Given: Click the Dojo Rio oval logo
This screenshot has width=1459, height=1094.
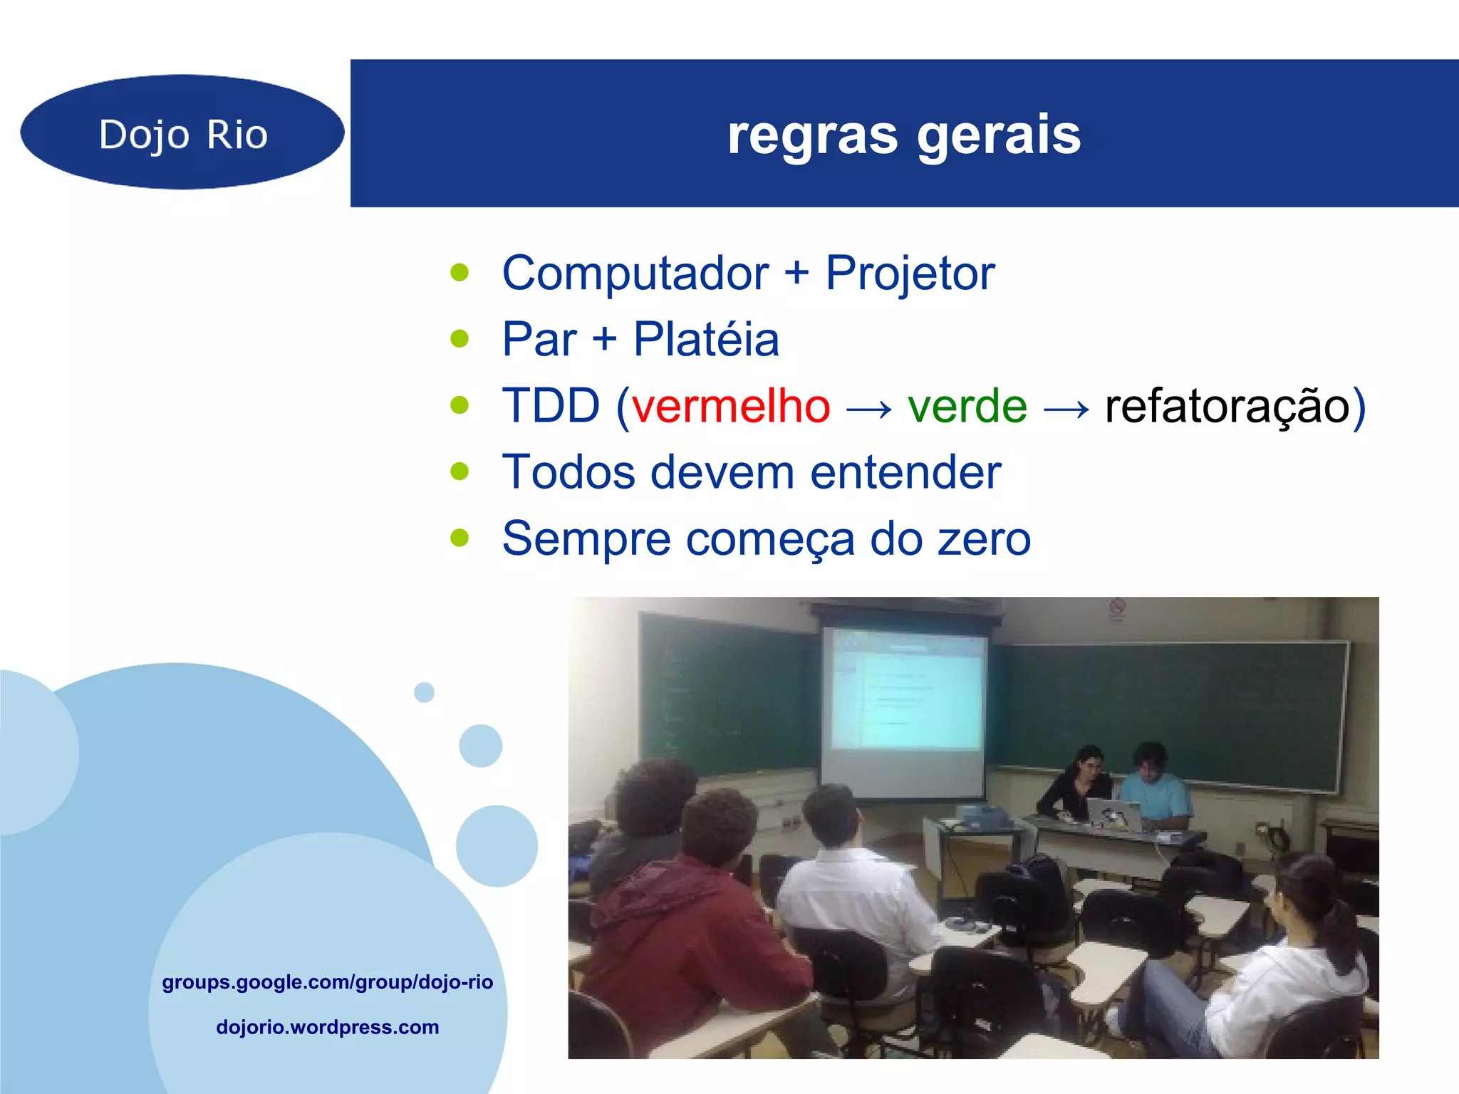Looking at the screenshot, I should [x=182, y=132].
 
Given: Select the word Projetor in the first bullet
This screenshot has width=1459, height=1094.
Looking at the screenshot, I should [x=910, y=273].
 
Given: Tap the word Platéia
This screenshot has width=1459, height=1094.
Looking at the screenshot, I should [x=706, y=340].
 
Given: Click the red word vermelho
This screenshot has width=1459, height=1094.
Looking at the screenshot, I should [x=731, y=407].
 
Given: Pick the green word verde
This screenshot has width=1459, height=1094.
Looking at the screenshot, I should [x=967, y=407].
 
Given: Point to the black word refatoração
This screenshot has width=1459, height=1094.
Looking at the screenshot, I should [x=1227, y=407].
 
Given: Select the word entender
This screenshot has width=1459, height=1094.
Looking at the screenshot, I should [x=905, y=473].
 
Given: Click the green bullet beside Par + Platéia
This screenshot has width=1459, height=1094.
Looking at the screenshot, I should [x=460, y=339].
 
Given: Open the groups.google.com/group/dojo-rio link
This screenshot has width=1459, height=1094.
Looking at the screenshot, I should [x=328, y=982].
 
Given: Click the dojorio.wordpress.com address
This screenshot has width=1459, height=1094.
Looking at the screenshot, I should [x=328, y=1027].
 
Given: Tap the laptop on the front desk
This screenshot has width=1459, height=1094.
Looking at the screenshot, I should [x=1113, y=814].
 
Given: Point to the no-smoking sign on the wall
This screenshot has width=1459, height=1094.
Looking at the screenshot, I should [x=1117, y=607].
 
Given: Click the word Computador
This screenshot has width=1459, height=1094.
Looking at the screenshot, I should [x=635, y=273].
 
